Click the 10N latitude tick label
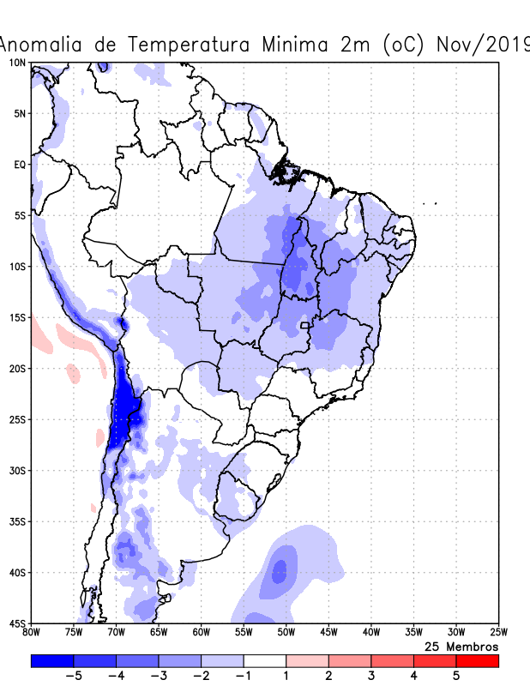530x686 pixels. pos(17,63)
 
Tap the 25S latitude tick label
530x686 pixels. pos(17,419)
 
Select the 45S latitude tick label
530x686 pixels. pos(17,623)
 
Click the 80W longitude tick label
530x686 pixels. pos(32,633)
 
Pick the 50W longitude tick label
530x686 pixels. pos(286,633)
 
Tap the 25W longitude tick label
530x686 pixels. pos(497,633)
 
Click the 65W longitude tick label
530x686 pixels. pos(159,633)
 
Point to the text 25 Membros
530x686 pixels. pos(461,647)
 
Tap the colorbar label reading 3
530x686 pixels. pos(370,676)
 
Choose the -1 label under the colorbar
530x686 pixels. pos(244,676)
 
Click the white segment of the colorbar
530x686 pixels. pos(265,661)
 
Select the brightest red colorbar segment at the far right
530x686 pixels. pos(477,661)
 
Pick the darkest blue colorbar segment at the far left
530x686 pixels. pos(52,661)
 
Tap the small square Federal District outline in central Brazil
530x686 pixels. pos(304,326)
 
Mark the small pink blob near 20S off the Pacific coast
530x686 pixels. pos(73,373)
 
